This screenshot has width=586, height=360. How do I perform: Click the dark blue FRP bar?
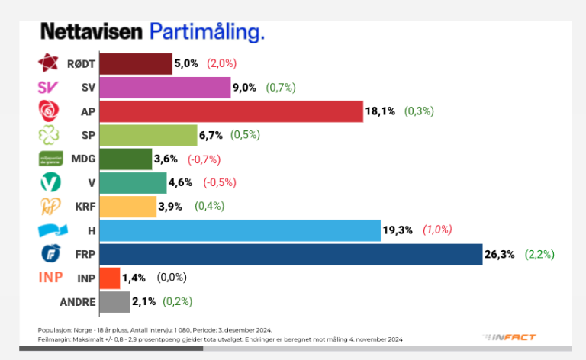[290, 254]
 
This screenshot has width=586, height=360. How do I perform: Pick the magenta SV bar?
[165, 88]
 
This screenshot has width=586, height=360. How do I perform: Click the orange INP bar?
[110, 278]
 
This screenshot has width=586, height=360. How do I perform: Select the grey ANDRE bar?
[114, 301]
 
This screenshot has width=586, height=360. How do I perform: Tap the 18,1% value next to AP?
[381, 111]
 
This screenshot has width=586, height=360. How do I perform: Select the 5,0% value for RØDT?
[186, 64]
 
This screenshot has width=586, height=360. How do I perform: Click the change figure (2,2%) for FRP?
[539, 254]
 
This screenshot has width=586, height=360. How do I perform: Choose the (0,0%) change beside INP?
[172, 278]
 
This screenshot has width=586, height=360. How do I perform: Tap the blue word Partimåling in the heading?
[208, 32]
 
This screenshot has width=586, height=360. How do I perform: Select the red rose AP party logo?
[49, 111]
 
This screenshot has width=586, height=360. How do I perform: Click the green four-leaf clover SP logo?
[49, 135]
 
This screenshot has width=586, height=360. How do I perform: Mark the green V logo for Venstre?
[49, 183]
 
